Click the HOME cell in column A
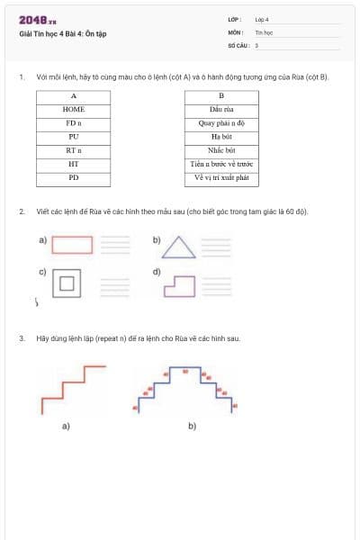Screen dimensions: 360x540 (74, 109)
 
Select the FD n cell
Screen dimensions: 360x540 (74, 122)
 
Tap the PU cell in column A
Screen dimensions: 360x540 (74, 137)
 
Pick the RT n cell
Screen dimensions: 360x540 (74, 150)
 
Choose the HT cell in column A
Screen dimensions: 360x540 (74, 165)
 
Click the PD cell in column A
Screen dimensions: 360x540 (74, 178)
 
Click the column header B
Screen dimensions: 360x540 (221, 95)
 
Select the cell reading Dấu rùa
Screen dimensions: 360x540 (221, 109)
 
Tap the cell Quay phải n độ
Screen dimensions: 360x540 (221, 122)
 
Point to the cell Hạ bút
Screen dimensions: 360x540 (221, 137)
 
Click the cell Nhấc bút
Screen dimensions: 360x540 (221, 150)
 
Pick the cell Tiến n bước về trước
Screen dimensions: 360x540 (221, 165)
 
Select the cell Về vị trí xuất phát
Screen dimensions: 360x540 (221, 178)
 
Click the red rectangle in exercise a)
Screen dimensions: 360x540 (72, 244)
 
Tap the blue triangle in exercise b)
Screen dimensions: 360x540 (180, 247)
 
